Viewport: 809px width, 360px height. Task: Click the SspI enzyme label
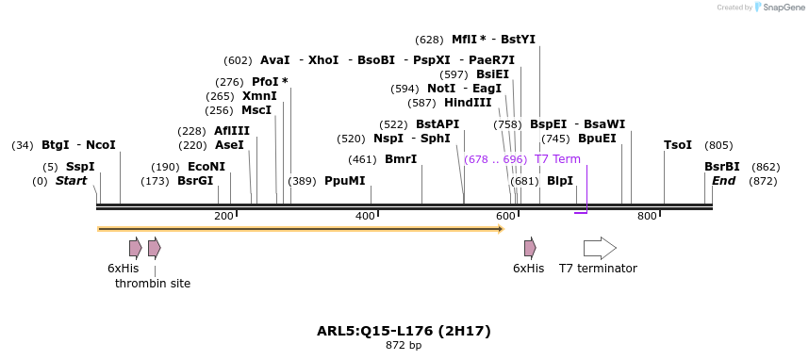(80, 167)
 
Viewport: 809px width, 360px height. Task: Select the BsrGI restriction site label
(195, 181)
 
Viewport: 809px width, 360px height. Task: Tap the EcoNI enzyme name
(206, 167)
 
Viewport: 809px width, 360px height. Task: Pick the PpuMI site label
(344, 181)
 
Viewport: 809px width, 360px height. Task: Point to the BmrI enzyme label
(401, 159)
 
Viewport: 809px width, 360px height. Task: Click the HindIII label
(468, 103)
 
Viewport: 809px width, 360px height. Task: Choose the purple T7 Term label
(557, 159)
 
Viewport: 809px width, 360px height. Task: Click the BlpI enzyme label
(560, 181)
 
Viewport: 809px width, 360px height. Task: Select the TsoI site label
(678, 145)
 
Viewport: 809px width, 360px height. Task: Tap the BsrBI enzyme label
(722, 167)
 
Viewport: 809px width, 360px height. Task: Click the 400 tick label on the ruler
(365, 217)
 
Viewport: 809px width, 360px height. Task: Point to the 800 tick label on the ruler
(647, 217)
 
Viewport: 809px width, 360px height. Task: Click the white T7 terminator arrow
(600, 248)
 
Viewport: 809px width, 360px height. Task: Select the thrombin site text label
(153, 283)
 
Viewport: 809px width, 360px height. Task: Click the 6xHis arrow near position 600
(530, 248)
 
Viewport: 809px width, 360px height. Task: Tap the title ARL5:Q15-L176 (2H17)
(404, 331)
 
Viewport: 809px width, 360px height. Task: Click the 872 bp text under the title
(404, 346)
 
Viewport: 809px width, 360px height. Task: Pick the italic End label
(723, 181)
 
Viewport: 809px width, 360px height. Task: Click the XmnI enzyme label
(259, 96)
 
